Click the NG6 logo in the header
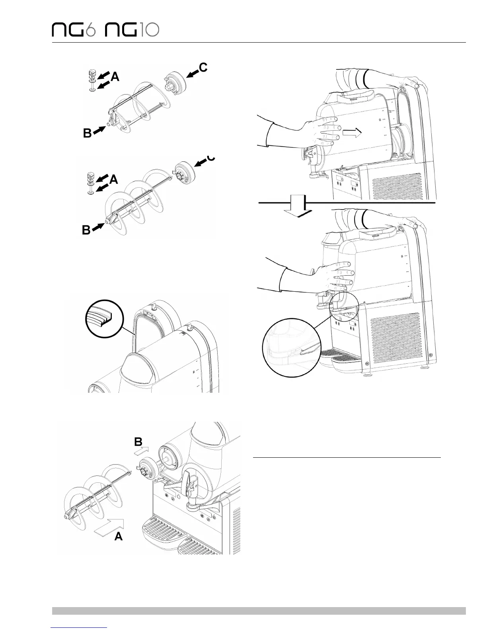click(74, 30)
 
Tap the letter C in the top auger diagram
click(203, 68)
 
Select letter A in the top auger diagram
click(115, 77)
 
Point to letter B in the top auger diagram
click(88, 134)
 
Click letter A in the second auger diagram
click(114, 180)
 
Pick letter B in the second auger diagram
click(86, 230)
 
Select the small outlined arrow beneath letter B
click(141, 451)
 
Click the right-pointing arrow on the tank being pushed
click(353, 134)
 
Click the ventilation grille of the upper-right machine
click(396, 184)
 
